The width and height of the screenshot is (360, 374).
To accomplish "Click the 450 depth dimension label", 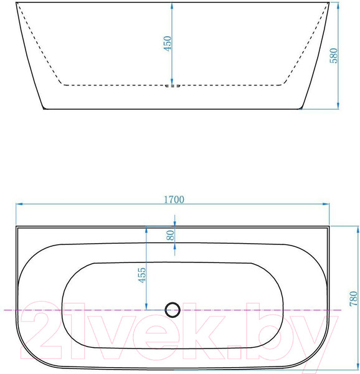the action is [168, 43].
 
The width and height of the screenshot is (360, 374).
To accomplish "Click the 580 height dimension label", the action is [334, 55].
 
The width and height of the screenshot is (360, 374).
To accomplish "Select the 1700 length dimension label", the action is [174, 199].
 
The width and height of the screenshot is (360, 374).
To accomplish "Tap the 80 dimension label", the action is [171, 235].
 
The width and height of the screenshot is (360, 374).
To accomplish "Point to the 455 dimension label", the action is [142, 275].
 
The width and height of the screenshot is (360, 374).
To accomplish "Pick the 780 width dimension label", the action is [354, 299].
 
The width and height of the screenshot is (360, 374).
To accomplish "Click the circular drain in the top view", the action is [173, 310].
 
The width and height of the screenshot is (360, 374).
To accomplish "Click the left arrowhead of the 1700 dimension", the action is [19, 204].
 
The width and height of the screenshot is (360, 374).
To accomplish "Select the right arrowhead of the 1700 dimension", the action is [326, 204].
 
